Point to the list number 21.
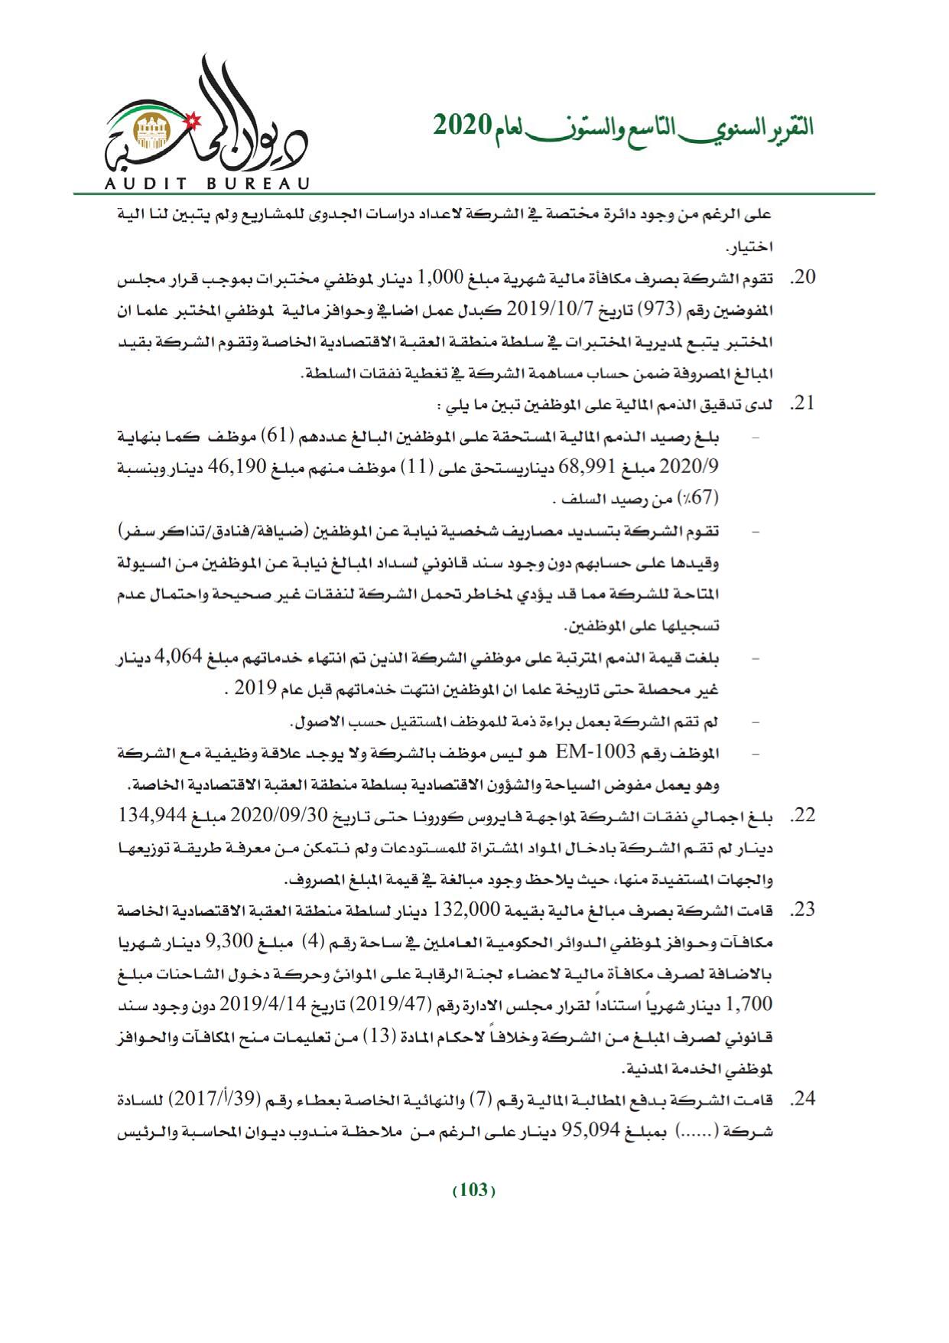[803, 403]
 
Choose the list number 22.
[803, 817]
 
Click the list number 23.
[803, 910]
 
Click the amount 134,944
[153, 816]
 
